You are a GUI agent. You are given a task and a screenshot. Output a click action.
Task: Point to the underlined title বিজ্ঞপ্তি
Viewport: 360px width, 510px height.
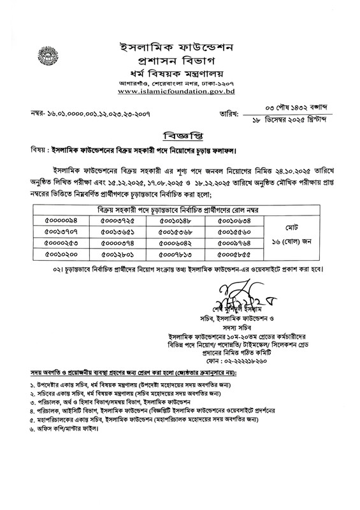click(179, 135)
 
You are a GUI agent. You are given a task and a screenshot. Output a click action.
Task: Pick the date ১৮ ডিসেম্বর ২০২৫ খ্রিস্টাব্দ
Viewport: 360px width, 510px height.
click(284, 119)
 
